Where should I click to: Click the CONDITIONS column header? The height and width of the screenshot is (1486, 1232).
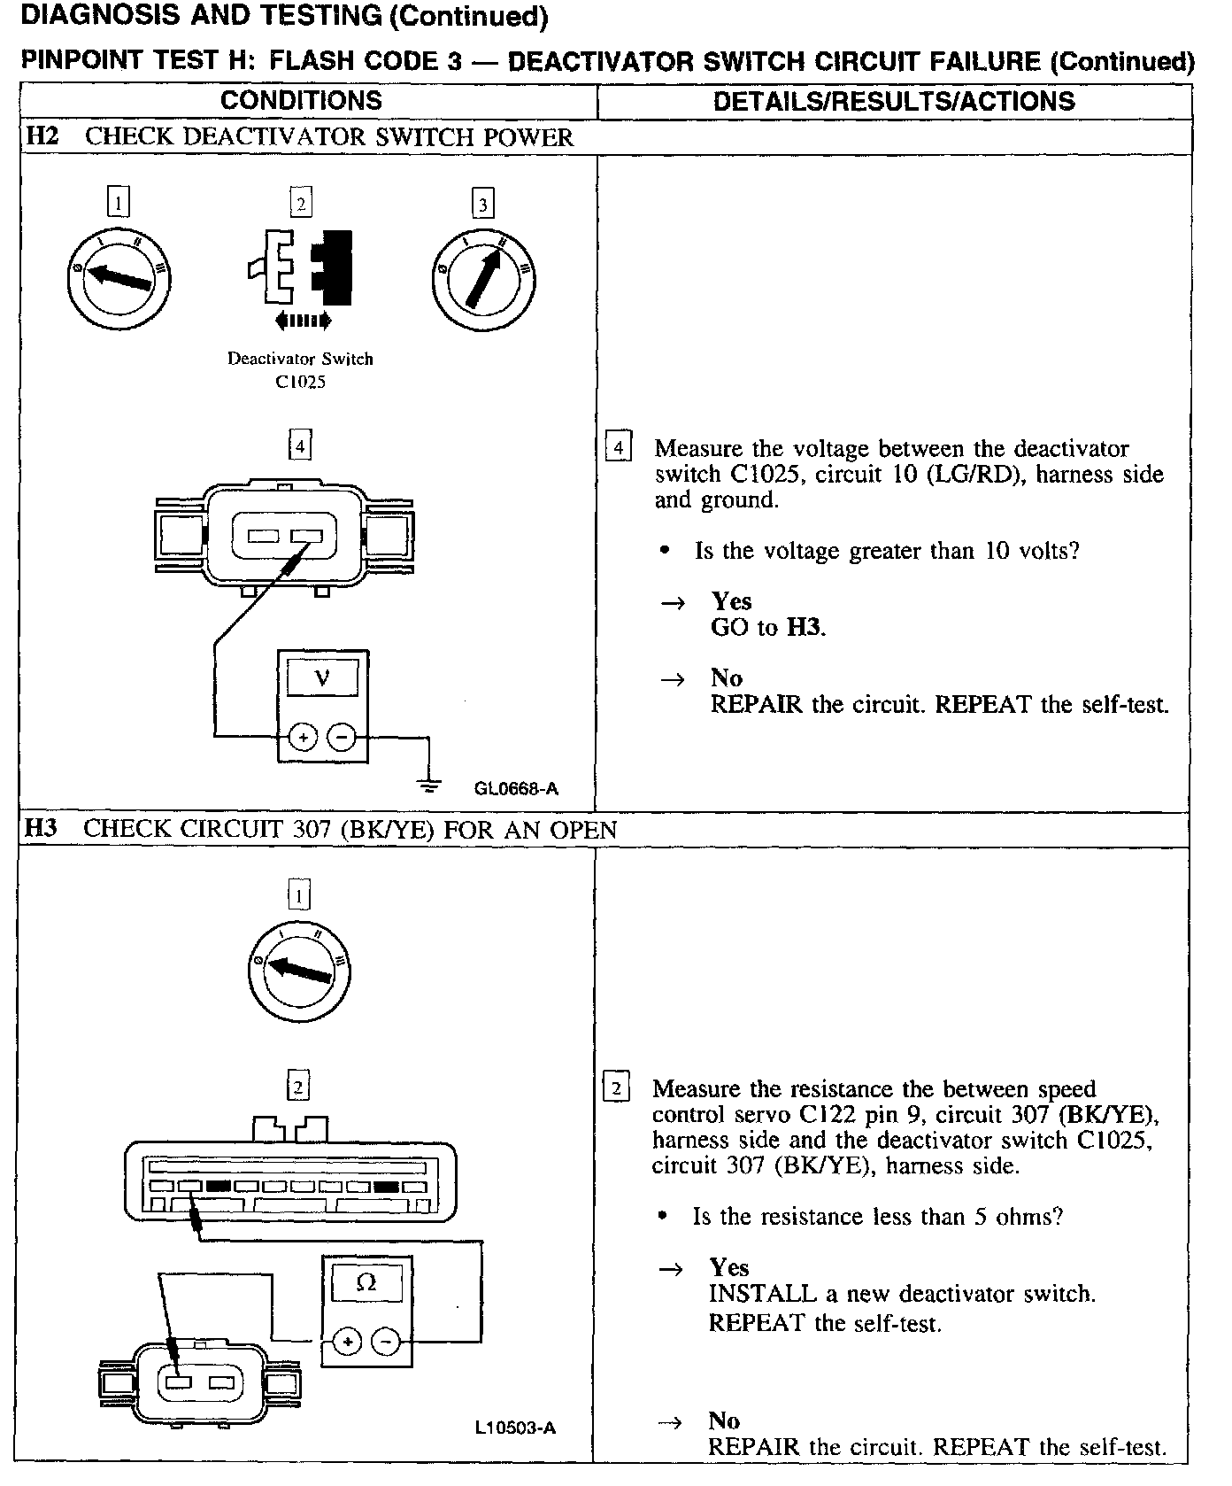tap(301, 100)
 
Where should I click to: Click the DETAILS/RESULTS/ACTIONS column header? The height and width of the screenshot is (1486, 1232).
tap(894, 101)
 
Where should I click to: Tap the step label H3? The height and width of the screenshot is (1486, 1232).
tap(41, 829)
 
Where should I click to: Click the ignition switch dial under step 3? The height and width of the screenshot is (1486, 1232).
tap(484, 280)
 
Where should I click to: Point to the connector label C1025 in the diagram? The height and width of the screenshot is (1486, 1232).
tap(300, 383)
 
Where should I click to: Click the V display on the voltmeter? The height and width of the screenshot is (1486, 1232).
tap(322, 679)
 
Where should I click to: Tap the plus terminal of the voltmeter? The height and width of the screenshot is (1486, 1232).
tap(303, 737)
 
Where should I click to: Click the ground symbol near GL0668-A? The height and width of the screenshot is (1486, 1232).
tap(430, 783)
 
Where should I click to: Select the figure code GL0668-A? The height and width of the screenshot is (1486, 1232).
tap(516, 789)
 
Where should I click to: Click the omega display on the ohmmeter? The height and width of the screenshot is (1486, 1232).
tap(366, 1283)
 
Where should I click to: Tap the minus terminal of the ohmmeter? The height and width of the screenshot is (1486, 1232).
tap(386, 1342)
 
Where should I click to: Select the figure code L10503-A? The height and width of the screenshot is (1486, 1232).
tap(515, 1428)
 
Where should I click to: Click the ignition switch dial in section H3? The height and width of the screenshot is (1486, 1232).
tap(300, 971)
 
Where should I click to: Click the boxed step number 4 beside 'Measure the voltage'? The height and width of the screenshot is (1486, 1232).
tap(617, 447)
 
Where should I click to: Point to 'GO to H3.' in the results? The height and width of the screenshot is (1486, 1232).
tap(767, 627)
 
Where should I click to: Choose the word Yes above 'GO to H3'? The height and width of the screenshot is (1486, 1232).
tap(731, 601)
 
